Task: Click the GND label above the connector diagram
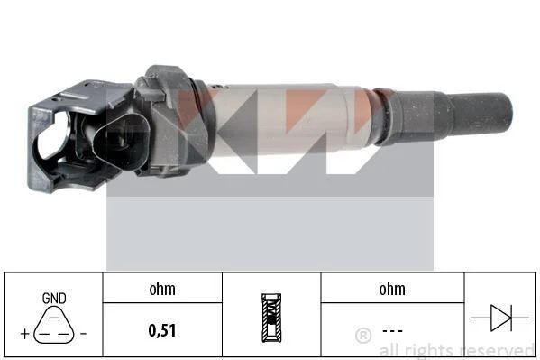pos(54,299)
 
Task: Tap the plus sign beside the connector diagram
pos(25,334)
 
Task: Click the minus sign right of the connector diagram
pos(83,334)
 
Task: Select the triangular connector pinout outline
pos(54,325)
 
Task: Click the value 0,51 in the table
pos(162,330)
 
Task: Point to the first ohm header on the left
pos(162,289)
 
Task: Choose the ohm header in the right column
pos(392,289)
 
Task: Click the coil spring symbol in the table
pos(271,318)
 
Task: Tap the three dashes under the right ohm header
pos(392,331)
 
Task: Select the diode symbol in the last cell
pos(500,318)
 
